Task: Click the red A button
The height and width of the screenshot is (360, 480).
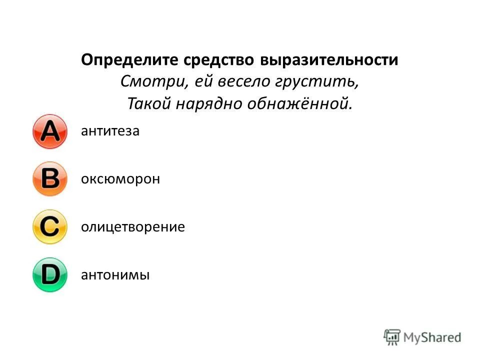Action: (49, 131)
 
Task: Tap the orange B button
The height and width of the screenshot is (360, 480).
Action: (49, 178)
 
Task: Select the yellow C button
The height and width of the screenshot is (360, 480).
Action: (49, 227)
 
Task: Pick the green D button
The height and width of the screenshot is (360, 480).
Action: (49, 274)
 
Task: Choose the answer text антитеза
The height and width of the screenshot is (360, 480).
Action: (110, 131)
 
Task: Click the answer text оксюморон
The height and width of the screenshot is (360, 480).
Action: (120, 179)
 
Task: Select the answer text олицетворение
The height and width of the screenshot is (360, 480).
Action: (133, 227)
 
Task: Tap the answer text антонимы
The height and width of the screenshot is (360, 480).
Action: (115, 275)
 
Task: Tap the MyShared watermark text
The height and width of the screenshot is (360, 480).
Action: (432, 337)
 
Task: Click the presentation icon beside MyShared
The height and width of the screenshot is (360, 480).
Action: (392, 337)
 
